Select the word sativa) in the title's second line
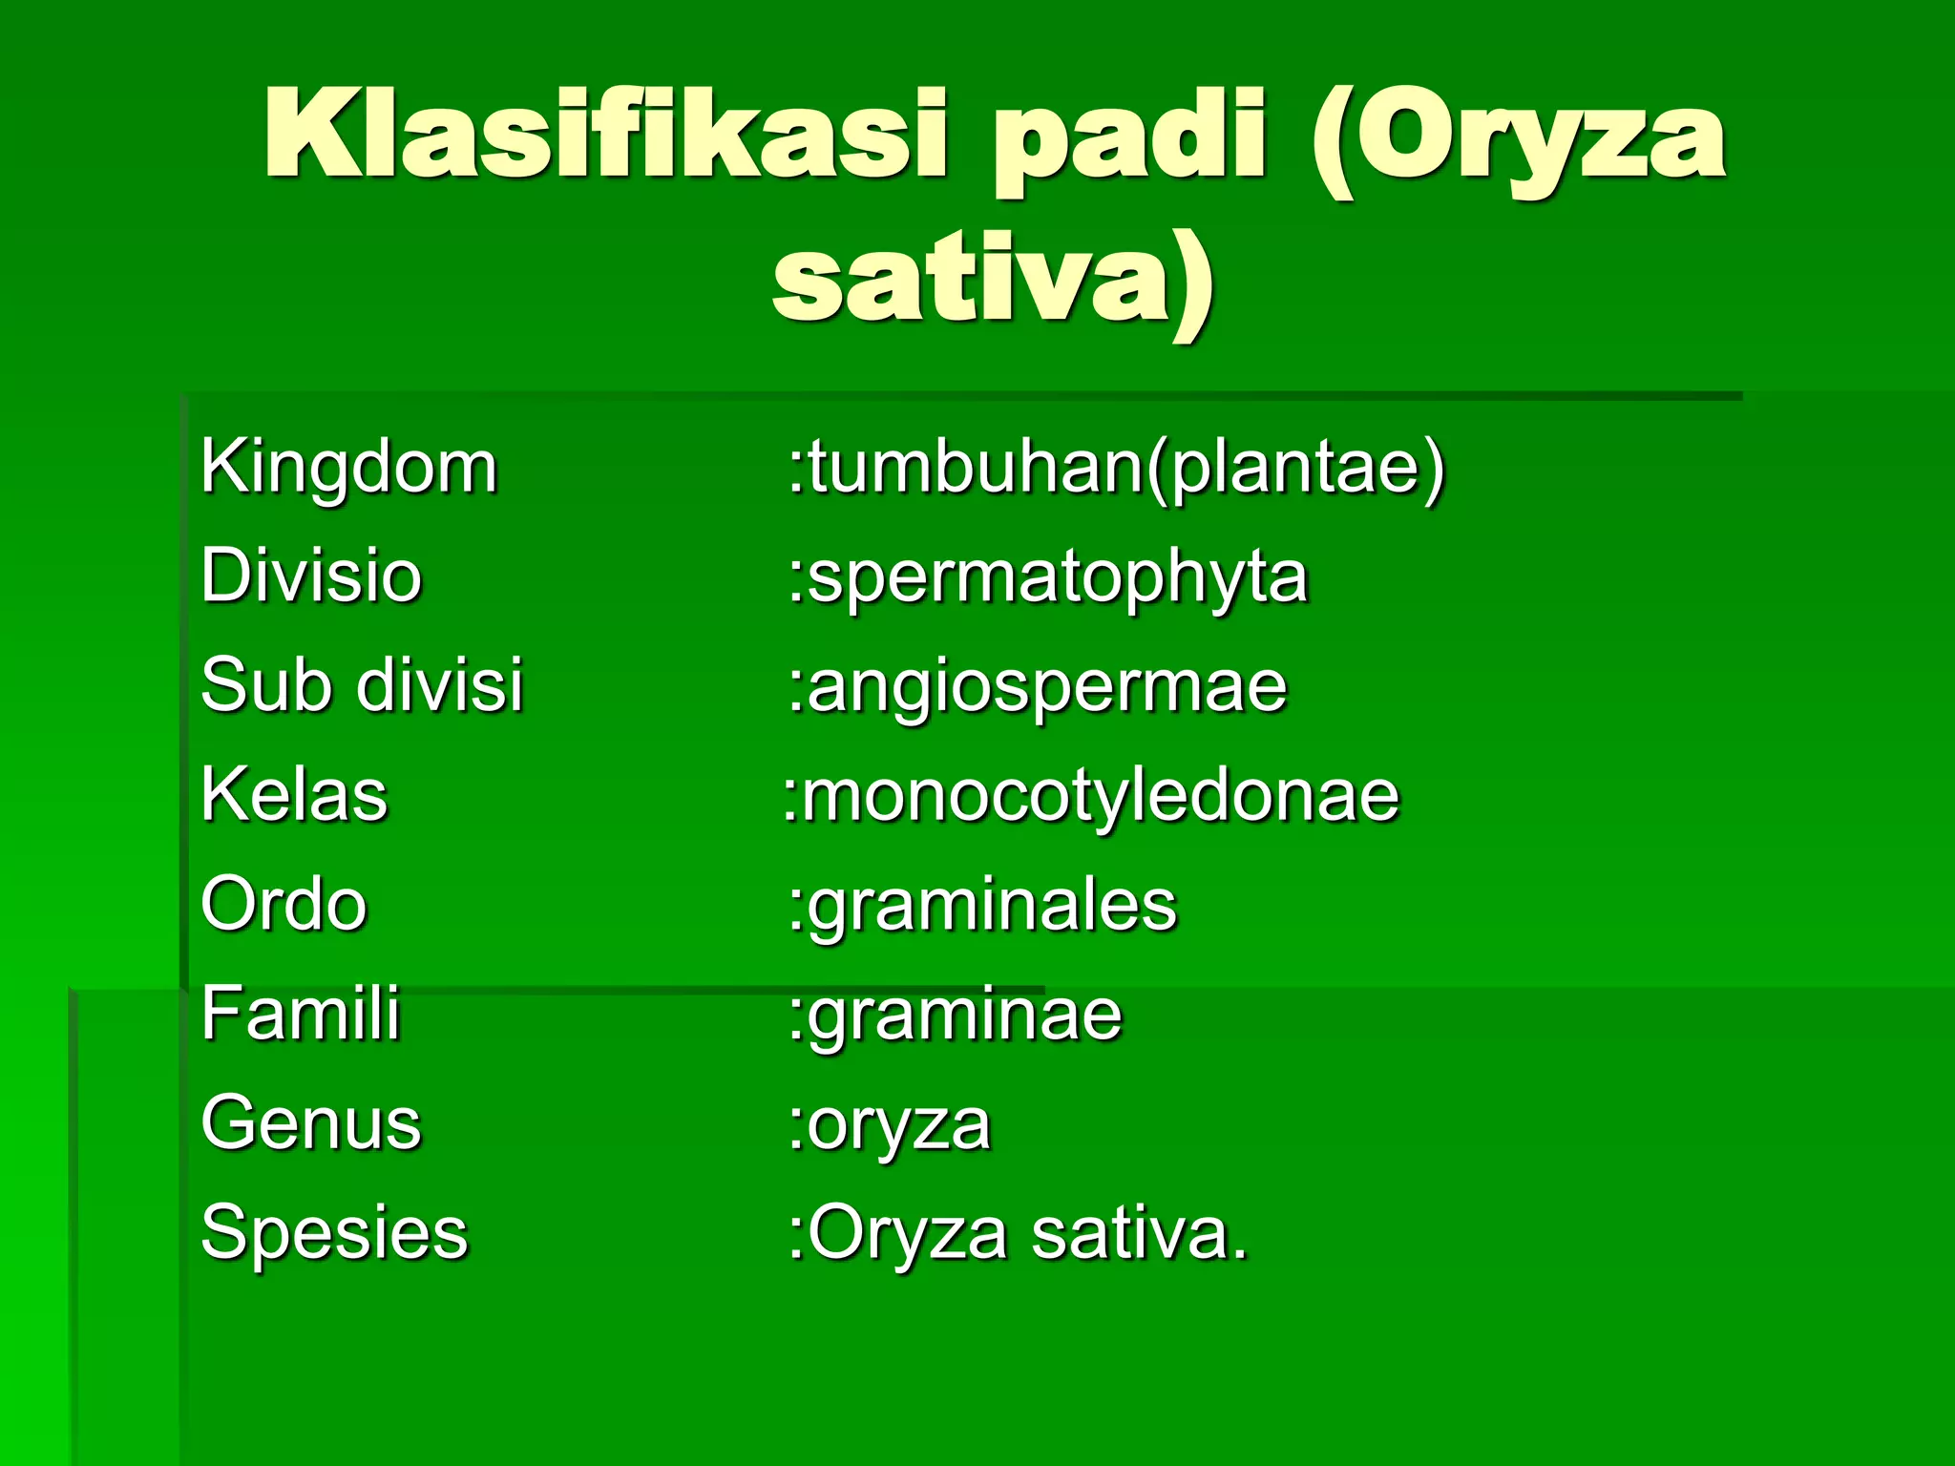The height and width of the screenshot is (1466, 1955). pos(993,282)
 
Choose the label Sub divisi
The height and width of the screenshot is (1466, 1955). pos(362,685)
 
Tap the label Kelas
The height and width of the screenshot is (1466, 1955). pos(294,794)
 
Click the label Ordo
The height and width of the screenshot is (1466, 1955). pos(284,904)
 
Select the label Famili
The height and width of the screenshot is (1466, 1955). pos(300,1014)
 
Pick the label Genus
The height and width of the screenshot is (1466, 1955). pos(310,1123)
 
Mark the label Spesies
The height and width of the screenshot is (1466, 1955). pos(334,1232)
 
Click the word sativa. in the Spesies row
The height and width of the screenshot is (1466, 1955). pos(1140,1234)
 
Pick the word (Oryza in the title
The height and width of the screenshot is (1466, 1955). pos(1518,138)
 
